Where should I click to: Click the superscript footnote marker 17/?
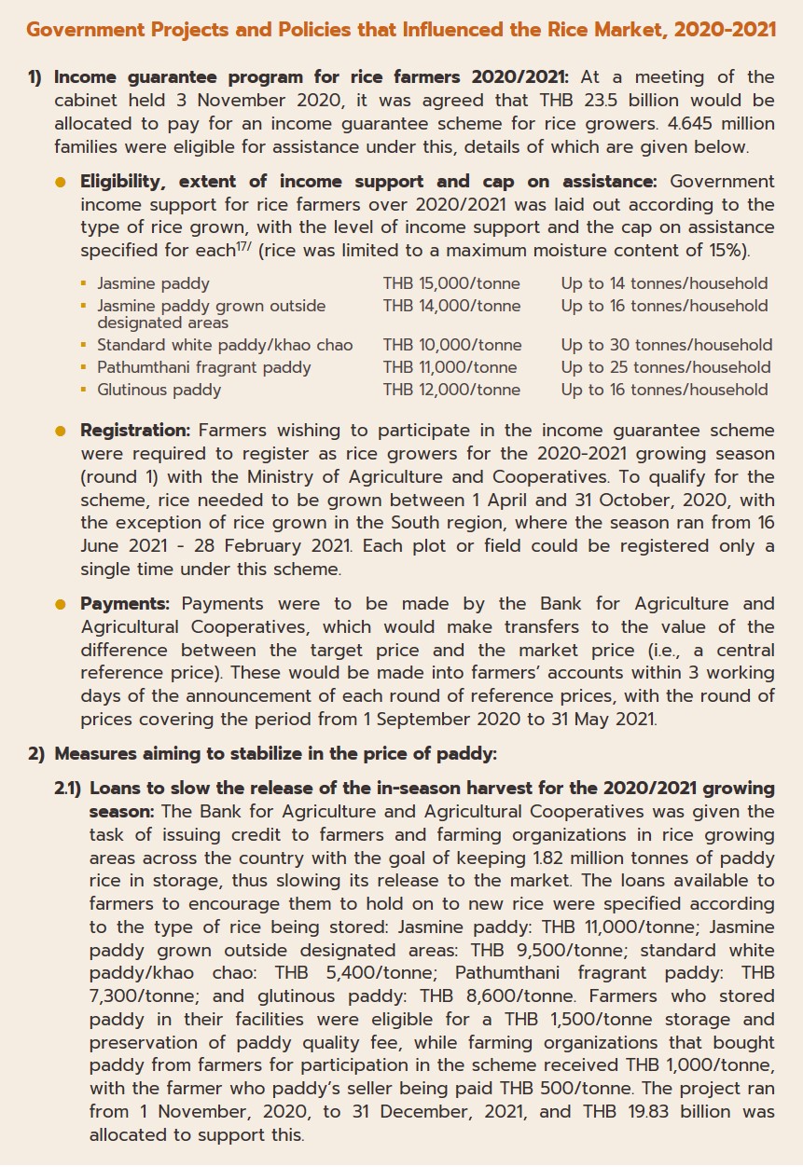248,246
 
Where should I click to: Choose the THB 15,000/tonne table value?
451,283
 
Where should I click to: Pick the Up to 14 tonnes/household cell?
664,283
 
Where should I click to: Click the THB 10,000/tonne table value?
451,345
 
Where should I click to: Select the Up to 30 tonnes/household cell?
666,345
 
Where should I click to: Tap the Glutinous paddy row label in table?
159,390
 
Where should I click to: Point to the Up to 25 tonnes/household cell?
665,367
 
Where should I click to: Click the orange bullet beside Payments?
62,604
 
